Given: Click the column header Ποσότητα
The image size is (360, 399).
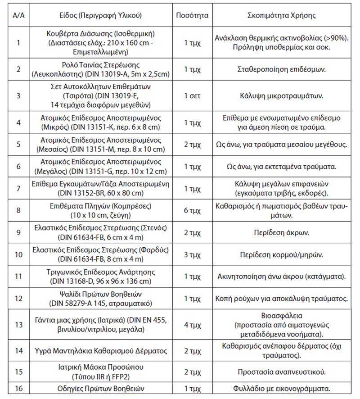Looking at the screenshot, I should click(x=193, y=15).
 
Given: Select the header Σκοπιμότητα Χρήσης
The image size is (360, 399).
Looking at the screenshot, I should click(x=282, y=15).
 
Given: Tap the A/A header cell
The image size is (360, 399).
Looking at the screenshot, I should click(x=18, y=15).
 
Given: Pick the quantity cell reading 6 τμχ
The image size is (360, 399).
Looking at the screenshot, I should click(x=193, y=212).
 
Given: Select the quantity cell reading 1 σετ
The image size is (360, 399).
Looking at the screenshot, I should click(x=193, y=95).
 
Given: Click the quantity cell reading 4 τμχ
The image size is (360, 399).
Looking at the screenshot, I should click(x=193, y=325).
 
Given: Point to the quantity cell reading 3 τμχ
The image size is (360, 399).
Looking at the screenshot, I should click(x=193, y=254).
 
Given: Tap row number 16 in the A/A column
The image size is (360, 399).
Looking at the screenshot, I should click(x=18, y=390).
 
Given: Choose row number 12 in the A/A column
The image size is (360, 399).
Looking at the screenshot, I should click(x=18, y=298).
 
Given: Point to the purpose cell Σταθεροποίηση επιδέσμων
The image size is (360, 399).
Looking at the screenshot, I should click(x=282, y=69).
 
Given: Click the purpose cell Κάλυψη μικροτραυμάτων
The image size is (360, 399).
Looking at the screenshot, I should click(x=282, y=95).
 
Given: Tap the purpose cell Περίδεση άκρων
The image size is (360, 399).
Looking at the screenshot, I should click(x=282, y=233).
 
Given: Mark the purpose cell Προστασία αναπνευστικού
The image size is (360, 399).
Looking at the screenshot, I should click(x=282, y=372).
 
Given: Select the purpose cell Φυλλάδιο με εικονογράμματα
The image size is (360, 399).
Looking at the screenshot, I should click(x=282, y=390).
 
